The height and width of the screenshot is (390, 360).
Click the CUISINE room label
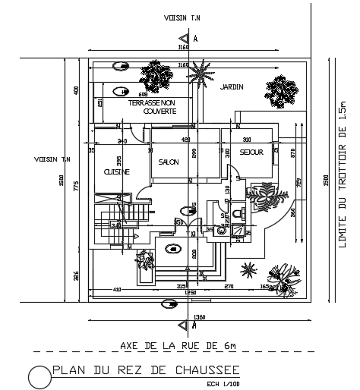tap(117, 172)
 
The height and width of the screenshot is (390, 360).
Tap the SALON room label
tap(168, 162)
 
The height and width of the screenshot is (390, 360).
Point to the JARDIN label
tap(232, 87)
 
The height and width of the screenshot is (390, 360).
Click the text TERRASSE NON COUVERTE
tap(153, 106)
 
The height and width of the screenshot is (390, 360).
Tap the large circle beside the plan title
tap(38, 376)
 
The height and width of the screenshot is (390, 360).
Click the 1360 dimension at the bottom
tap(200, 316)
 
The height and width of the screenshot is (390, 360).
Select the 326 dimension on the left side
tap(76, 275)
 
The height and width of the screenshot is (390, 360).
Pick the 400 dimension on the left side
tap(76, 90)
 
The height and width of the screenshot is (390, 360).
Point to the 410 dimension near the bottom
tap(117, 289)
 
